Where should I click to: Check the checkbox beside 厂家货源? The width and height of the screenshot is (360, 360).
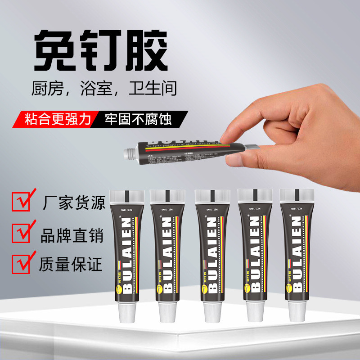tap(20, 201)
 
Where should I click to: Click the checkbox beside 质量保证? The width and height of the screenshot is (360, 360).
tap(20, 263)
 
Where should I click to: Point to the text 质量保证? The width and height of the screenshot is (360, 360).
tap(72, 264)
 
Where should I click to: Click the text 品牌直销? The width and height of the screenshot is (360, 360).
tap(72, 234)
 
